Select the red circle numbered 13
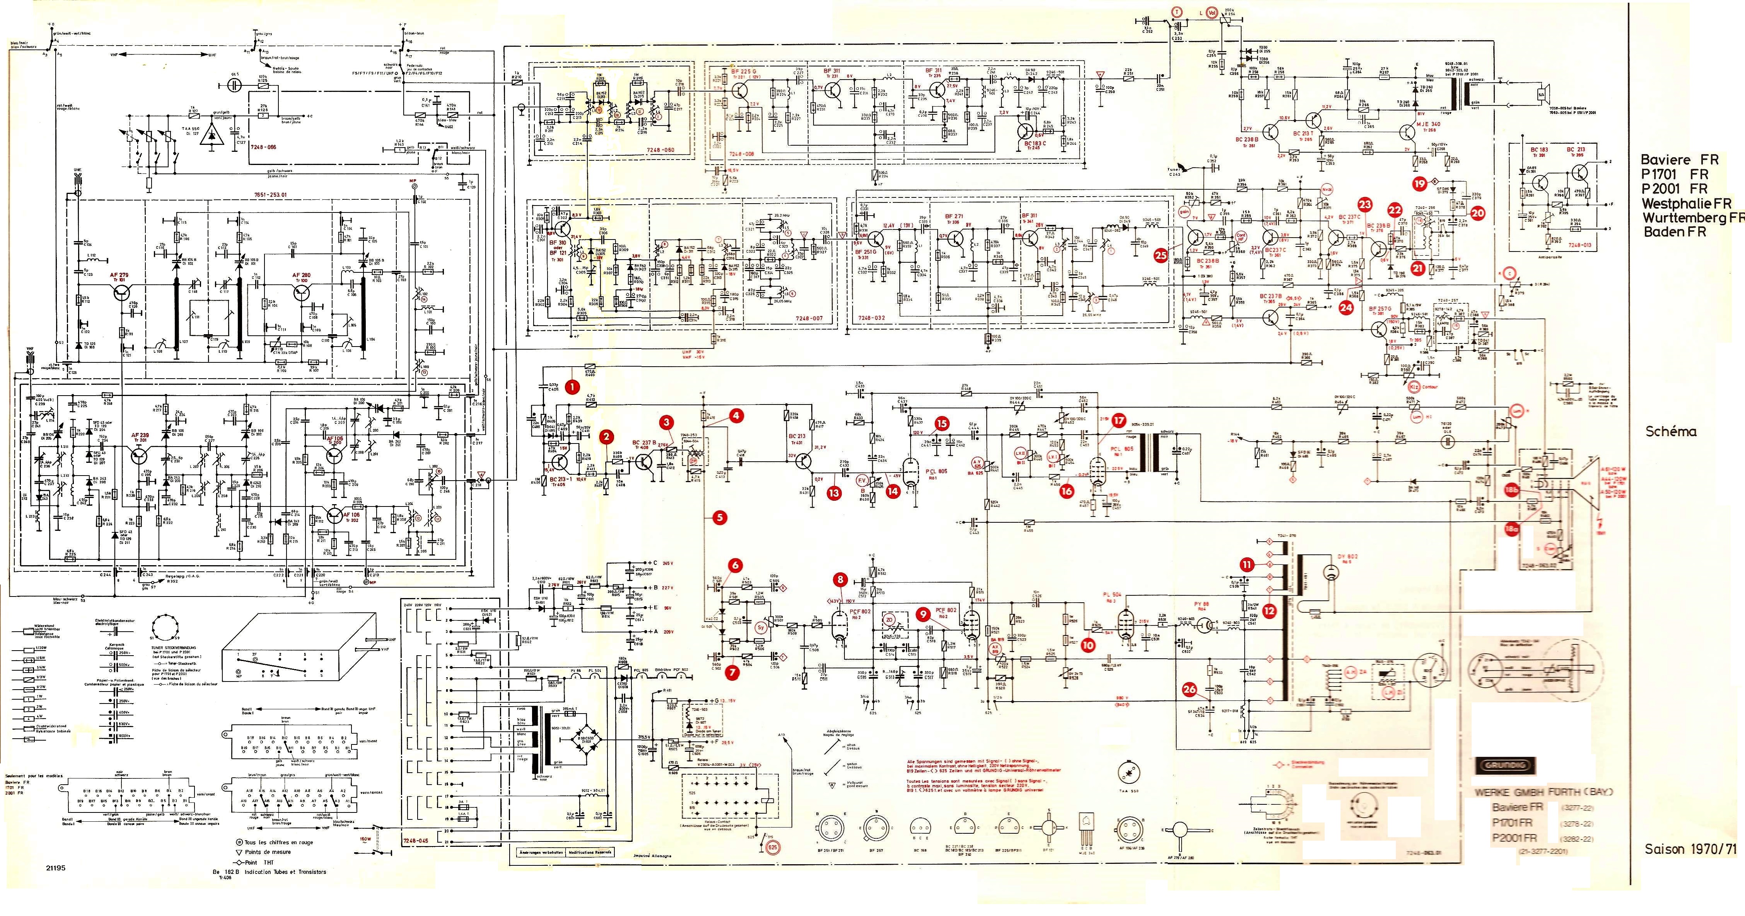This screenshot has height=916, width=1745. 833,493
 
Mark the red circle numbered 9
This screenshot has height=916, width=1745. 921,613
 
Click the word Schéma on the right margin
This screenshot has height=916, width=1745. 1670,431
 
